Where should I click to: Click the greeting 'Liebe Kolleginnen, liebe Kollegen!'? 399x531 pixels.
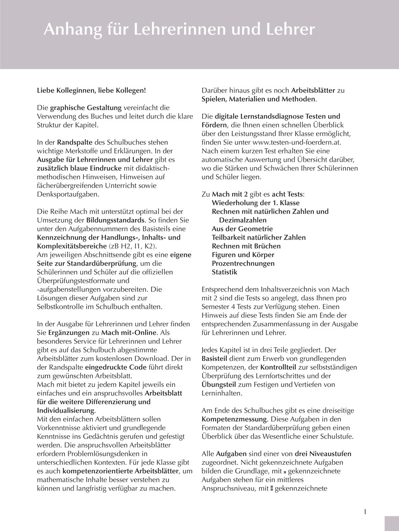tap(91, 90)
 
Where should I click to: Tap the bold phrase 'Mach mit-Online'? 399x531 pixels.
tap(129, 333)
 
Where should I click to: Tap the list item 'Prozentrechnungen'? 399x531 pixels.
tap(243, 263)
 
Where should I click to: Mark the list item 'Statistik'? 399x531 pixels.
tap(225, 272)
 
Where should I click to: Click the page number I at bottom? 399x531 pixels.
tap(365, 511)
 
